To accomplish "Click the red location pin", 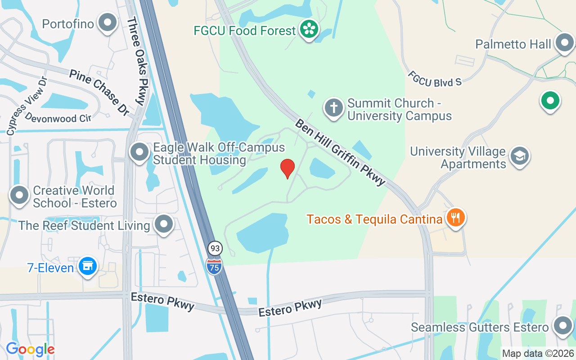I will [288, 168].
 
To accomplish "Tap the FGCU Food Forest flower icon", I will [309, 29].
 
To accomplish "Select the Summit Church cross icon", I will [333, 108].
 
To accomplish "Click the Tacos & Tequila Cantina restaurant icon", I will [456, 218].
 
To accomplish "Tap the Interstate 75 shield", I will [215, 265].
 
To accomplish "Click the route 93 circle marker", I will [215, 248].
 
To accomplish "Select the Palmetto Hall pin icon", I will [564, 44].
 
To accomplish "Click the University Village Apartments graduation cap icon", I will [520, 156].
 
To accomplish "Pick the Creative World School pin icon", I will [19, 195].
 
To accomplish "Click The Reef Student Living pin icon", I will [164, 224].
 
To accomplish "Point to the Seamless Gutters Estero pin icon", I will [562, 326].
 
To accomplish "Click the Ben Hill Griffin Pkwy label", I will [341, 152].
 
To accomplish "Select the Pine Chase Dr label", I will [99, 92].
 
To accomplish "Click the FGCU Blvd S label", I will [435, 78].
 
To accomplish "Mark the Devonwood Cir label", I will [58, 117].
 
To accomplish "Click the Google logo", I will [30, 349].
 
